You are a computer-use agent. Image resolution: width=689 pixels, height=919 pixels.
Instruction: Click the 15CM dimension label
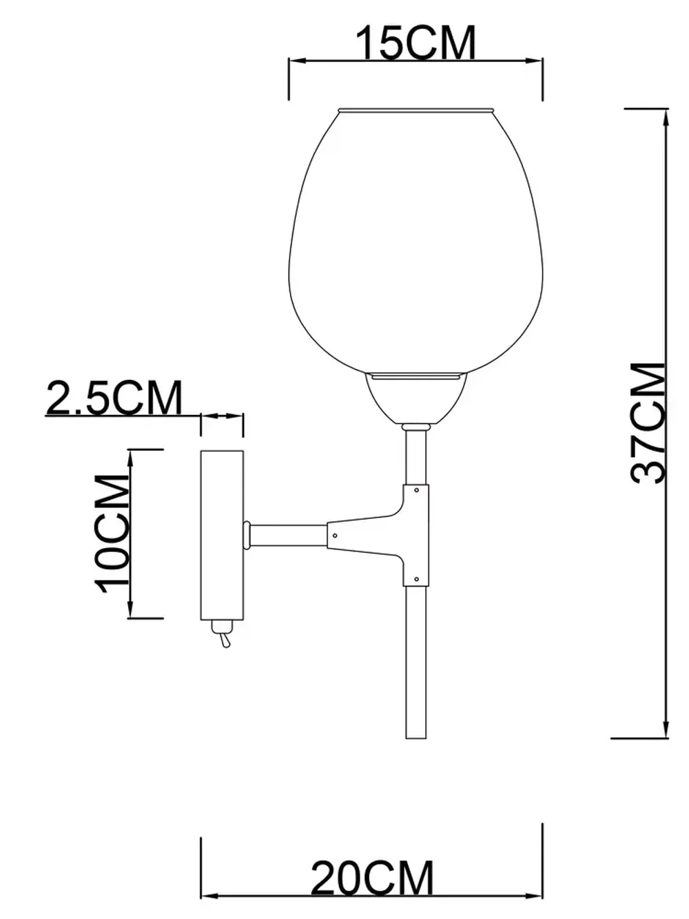[415, 43]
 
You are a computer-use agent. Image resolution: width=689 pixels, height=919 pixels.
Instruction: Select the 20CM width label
[372, 878]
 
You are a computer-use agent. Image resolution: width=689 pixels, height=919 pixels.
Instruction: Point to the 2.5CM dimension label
[114, 398]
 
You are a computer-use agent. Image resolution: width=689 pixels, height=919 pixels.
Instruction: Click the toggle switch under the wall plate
[222, 635]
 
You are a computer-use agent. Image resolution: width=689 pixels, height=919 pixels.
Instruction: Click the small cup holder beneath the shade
[416, 399]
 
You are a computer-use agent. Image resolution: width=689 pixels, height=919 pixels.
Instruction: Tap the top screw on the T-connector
[417, 490]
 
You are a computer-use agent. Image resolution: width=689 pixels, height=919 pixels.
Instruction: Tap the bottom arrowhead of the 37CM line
[666, 728]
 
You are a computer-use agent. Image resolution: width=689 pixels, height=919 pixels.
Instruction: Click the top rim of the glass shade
[416, 110]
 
